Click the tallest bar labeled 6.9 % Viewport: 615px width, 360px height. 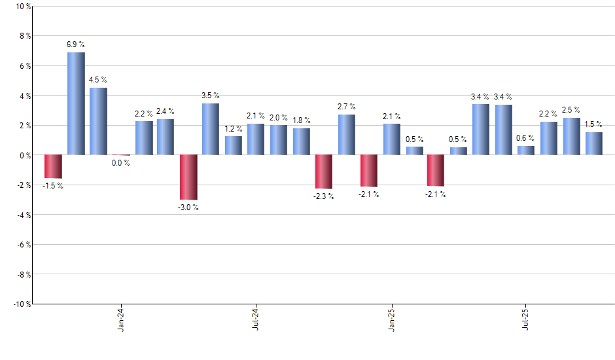[76, 103]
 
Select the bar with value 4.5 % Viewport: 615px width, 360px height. [99, 121]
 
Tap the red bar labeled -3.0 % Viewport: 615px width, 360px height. [188, 177]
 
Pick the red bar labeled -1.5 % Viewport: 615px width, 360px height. [53, 166]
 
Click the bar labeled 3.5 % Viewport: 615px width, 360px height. [211, 129]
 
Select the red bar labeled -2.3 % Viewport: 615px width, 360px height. [324, 171]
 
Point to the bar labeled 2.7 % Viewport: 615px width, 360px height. [347, 135]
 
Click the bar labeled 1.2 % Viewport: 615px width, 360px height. [234, 146]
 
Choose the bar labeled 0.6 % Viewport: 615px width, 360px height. [526, 151]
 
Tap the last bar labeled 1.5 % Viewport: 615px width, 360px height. [594, 144]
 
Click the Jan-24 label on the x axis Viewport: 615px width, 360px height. [121, 320]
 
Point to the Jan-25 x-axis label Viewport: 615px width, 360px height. [391, 320]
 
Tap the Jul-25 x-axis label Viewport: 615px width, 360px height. [526, 320]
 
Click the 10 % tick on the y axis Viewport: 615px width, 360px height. [22, 7]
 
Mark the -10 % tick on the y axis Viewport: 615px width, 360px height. [21, 304]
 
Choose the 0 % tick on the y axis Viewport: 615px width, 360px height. [24, 155]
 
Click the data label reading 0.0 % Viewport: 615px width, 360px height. [120, 163]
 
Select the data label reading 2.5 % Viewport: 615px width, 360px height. [572, 110]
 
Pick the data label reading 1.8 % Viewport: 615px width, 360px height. [302, 120]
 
